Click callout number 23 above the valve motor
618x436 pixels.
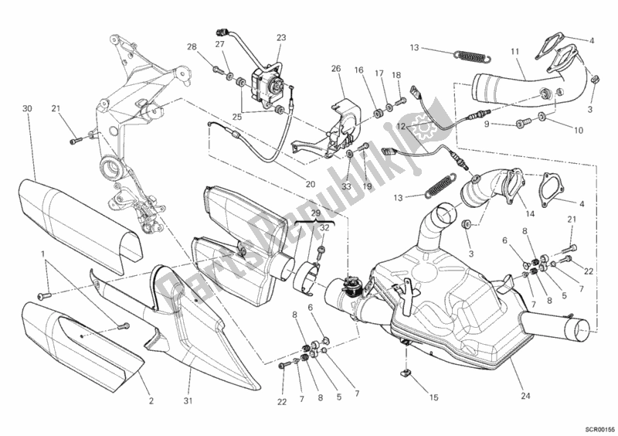click(280, 38)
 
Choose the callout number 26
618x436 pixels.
click(336, 70)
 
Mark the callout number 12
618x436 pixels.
click(401, 125)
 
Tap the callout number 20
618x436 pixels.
click(311, 185)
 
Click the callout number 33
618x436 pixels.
click(346, 186)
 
